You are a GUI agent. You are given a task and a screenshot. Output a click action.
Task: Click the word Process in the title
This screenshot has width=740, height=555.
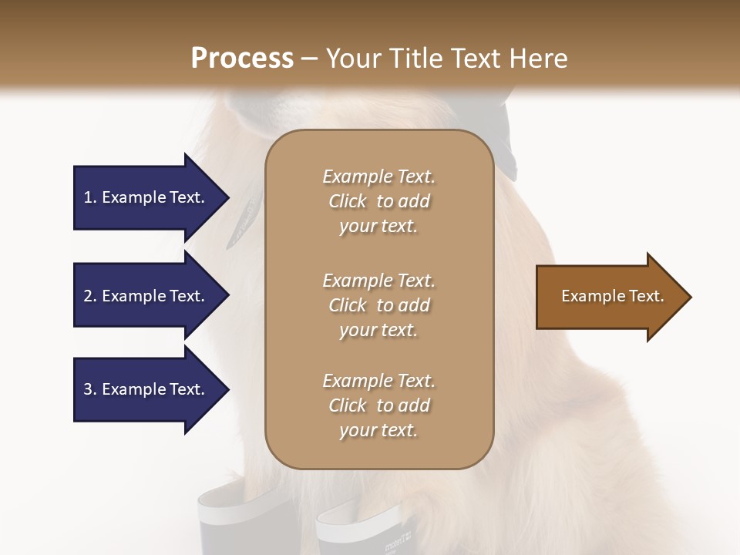[x=242, y=59]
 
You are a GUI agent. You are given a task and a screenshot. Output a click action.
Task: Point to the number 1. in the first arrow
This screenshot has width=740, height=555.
[x=90, y=197]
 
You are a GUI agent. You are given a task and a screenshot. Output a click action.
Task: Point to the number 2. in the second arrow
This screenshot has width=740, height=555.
[x=90, y=296]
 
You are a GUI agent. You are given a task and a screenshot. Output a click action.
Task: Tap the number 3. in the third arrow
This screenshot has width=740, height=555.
[x=90, y=390]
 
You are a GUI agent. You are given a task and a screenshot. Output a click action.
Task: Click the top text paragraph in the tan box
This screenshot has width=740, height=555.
[x=378, y=201]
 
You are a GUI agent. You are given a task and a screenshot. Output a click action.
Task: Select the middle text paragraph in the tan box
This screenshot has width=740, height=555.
[x=378, y=305]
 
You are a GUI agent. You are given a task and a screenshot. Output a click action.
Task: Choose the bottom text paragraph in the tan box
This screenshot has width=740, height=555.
[x=378, y=405]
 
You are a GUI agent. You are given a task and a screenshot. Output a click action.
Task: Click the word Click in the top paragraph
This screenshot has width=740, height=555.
[x=347, y=201]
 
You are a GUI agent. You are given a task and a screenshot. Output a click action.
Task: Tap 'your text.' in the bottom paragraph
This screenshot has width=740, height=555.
[x=378, y=430]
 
